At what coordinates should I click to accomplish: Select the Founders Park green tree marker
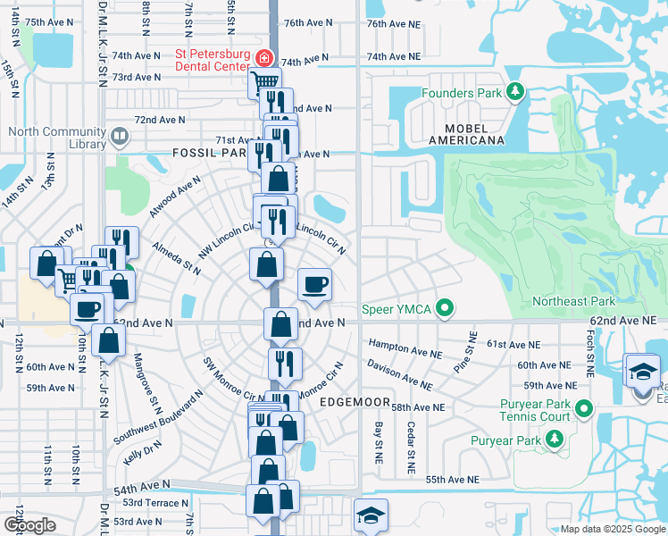[514, 92]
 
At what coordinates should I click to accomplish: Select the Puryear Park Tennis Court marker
[584, 409]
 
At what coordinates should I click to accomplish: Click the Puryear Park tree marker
[555, 440]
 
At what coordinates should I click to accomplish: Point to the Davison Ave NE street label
[399, 375]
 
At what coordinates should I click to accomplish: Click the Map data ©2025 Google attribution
[612, 529]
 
